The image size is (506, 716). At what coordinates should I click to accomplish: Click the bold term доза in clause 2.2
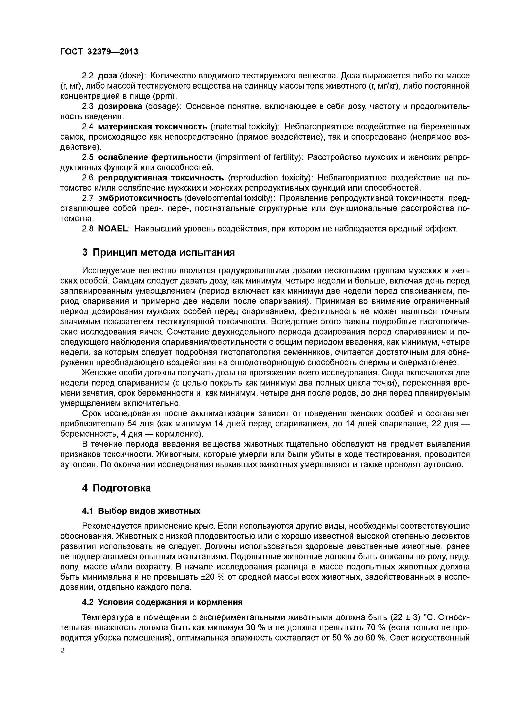[x=108, y=76]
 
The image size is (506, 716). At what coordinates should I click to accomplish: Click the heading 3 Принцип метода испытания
[x=158, y=252]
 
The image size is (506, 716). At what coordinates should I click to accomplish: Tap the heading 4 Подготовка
[x=116, y=488]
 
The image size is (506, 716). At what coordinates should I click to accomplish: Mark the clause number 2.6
[x=87, y=178]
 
